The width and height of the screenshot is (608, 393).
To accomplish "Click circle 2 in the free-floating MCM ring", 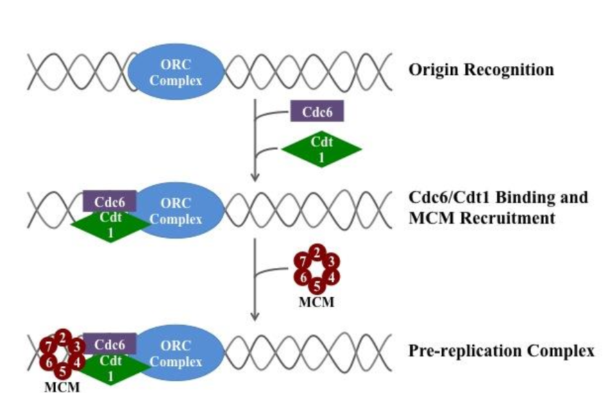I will [316, 254].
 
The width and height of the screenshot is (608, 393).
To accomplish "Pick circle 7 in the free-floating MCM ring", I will [302, 261].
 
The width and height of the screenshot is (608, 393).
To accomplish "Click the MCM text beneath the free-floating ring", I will [316, 301].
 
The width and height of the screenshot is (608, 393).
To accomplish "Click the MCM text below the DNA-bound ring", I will [61, 387].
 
